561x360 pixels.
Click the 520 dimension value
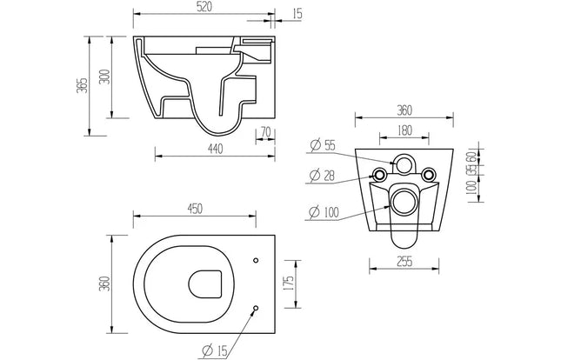[204, 8]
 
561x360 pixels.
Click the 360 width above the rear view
[405, 110]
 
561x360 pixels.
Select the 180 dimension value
[405, 130]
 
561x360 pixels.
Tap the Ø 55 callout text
[323, 146]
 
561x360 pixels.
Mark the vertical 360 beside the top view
[105, 283]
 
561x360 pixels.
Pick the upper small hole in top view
[256, 258]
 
